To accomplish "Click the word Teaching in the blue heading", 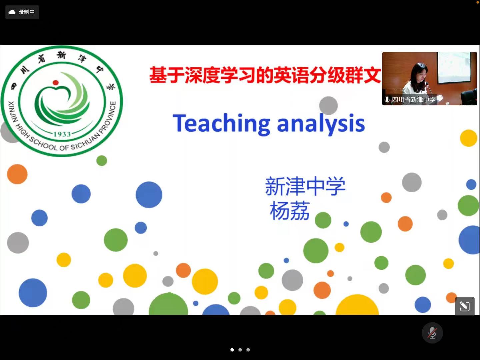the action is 221,123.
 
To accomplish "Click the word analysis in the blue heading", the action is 321,123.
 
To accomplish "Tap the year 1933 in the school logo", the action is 62,134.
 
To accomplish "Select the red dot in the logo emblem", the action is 56,83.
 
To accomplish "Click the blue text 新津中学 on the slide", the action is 305,186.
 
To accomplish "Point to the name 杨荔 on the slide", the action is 290,211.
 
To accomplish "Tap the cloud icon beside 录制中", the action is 12,12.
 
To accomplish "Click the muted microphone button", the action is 432,333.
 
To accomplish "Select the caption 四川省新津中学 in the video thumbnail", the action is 414,100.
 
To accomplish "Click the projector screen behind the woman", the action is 454,68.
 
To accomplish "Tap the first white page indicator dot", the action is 232,350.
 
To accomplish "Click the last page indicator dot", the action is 248,350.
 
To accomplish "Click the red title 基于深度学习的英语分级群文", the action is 265,75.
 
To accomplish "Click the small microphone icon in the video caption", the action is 387,100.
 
